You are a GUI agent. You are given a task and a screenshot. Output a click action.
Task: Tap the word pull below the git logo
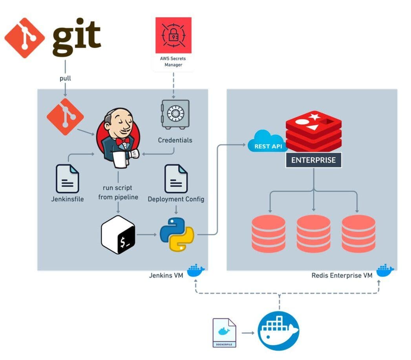coord(65,78)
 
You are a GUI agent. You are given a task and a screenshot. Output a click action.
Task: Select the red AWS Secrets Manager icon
coord(174,35)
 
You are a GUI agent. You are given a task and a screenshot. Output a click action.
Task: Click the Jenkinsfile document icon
coord(68,178)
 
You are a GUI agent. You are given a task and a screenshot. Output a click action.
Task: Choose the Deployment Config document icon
coord(176,178)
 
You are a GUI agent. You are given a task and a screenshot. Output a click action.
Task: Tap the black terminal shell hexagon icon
coord(118,234)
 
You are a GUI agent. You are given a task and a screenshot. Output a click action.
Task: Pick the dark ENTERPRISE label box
coord(313,160)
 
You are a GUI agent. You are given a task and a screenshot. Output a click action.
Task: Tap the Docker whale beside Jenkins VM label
coord(196,271)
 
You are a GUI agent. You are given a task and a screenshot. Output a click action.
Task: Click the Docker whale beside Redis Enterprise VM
coord(385,271)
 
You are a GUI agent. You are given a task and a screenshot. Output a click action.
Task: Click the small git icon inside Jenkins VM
coord(65,116)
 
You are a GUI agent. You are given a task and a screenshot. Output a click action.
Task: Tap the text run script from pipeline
coord(118,192)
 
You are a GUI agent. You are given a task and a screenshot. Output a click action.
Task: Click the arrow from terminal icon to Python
coord(147,235)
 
